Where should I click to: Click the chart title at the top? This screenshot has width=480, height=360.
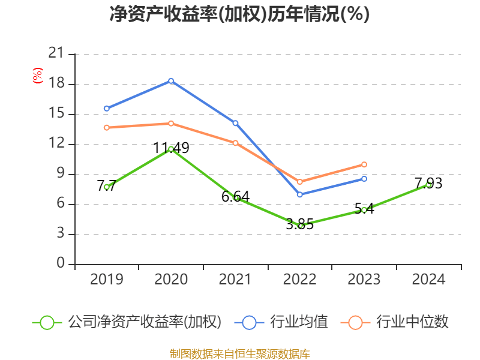click(x=239, y=14)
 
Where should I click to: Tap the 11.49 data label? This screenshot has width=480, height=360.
click(x=172, y=148)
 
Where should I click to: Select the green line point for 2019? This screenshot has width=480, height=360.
click(x=107, y=187)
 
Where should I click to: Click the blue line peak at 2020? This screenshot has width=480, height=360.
click(x=171, y=80)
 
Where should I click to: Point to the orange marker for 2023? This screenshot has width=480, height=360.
click(x=364, y=164)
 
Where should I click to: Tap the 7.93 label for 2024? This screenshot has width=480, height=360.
click(x=428, y=183)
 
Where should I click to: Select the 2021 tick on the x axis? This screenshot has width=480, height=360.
click(x=235, y=280)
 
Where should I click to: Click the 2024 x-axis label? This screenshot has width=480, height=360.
click(x=428, y=280)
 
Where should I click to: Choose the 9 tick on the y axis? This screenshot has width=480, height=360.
click(x=60, y=175)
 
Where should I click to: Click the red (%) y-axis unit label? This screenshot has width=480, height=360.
click(x=37, y=76)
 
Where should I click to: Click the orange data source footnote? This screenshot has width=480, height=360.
click(x=239, y=353)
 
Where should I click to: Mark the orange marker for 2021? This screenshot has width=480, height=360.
click(x=236, y=143)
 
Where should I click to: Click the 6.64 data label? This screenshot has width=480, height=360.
click(x=235, y=196)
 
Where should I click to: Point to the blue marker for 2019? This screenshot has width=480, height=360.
click(x=107, y=109)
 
